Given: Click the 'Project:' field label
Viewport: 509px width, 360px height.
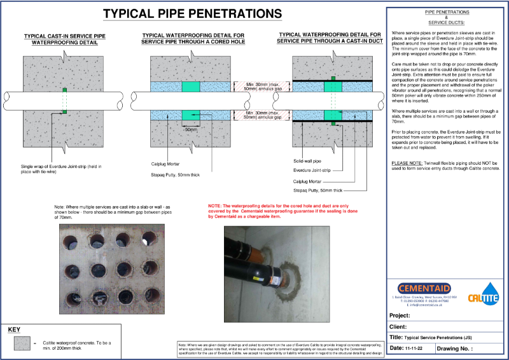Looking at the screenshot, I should click(x=401, y=315).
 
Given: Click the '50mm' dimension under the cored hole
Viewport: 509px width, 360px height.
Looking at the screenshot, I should click(x=190, y=129).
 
